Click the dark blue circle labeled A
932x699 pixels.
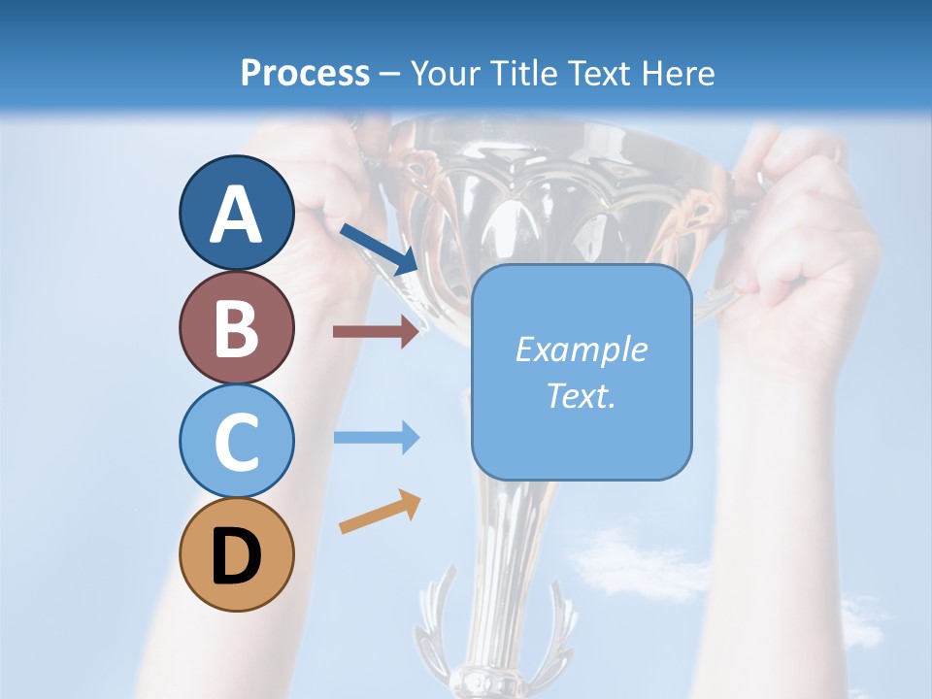click(236, 214)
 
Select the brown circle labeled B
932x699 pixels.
click(236, 327)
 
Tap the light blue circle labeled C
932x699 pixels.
click(236, 441)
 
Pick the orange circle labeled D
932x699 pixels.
click(236, 554)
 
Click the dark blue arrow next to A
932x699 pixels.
click(379, 249)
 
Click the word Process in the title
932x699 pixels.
click(305, 73)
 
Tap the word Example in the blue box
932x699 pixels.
click(582, 349)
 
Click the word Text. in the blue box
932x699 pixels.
click(582, 395)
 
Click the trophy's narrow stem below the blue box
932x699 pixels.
click(505, 544)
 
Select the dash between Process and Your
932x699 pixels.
click(390, 74)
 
